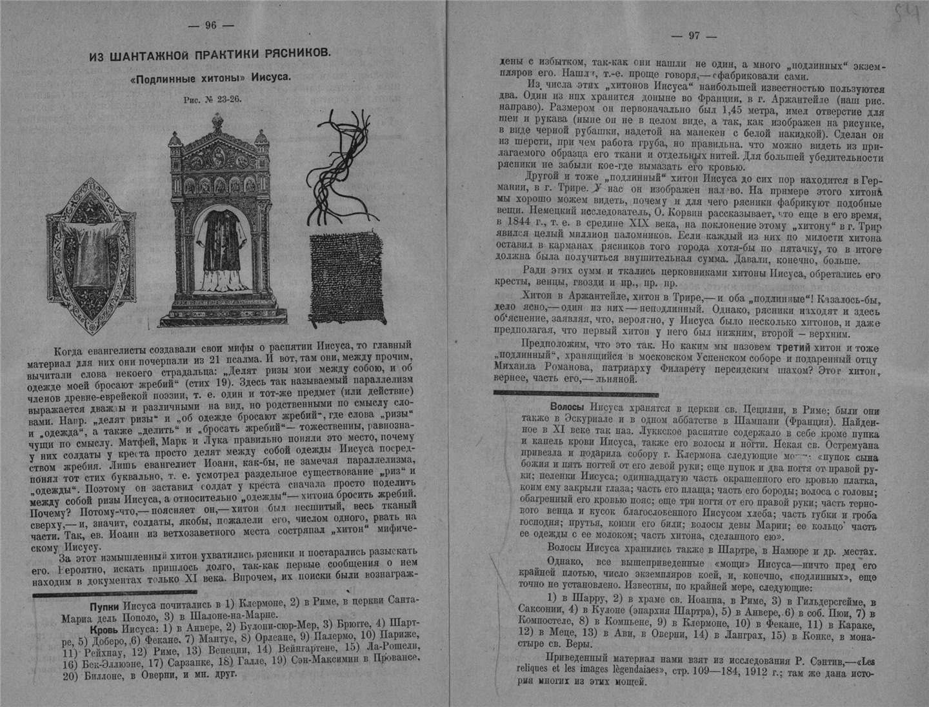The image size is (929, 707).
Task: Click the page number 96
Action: coord(210,25)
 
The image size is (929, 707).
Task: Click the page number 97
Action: coord(694,36)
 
